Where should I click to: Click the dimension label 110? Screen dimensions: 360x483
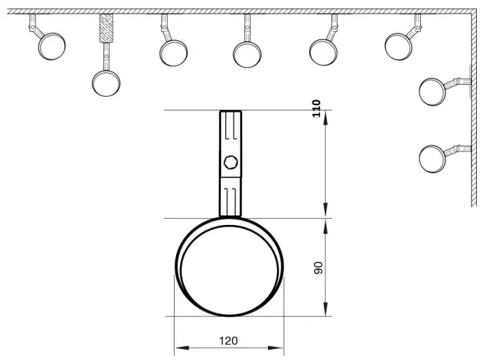pyautogui.click(x=316, y=109)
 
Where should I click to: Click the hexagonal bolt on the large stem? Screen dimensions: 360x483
pyautogui.click(x=230, y=162)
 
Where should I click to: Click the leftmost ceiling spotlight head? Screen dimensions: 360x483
pyautogui.click(x=52, y=46)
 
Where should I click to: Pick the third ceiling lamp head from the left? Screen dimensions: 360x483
pyautogui.click(x=173, y=52)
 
